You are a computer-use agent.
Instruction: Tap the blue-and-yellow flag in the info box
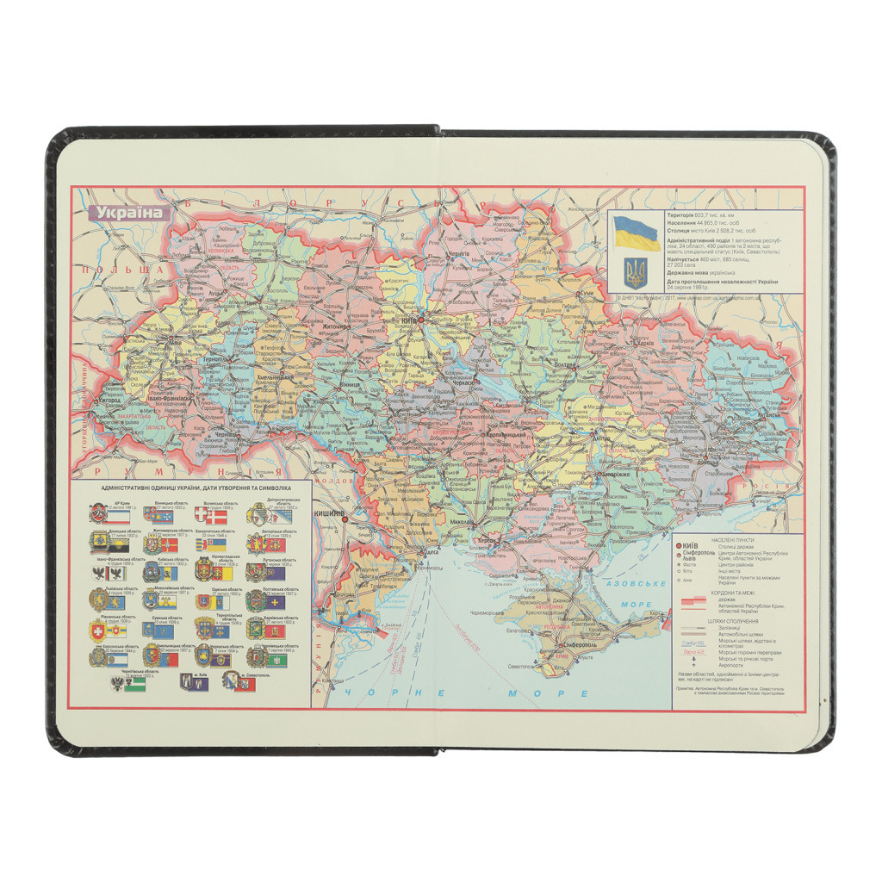coord(637,233)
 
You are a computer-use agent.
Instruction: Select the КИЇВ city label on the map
coord(409,321)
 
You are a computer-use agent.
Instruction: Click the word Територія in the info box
coord(680,214)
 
